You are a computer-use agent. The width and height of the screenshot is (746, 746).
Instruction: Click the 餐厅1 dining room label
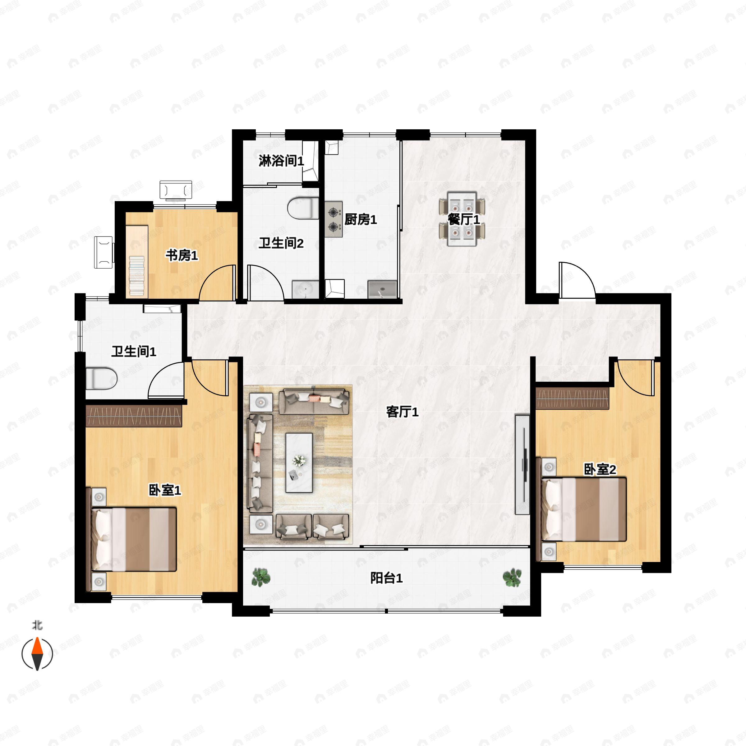coord(463,220)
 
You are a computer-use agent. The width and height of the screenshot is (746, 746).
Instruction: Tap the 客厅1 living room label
coord(402,412)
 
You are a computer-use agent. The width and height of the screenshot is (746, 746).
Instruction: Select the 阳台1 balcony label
coord(386,578)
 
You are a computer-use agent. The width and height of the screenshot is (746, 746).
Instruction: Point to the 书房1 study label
coord(182,255)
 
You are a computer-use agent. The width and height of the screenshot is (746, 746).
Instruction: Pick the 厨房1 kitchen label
coord(361,220)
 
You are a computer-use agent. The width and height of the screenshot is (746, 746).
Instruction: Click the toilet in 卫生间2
coord(303,209)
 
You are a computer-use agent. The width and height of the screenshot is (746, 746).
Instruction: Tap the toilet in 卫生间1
coord(101,379)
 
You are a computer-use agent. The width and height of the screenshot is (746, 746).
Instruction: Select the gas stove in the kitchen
coord(334,219)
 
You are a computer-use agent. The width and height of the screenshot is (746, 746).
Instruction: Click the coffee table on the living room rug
coord(299,463)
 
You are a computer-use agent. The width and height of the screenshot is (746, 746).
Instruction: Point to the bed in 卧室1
coord(134,539)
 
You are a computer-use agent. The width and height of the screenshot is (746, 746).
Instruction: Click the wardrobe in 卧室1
coord(134,416)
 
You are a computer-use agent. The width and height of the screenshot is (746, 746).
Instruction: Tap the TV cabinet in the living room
coord(522,464)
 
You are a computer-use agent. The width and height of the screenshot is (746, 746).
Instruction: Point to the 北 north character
coord(37,625)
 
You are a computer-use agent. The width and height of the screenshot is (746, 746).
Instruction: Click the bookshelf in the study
coord(137,261)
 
